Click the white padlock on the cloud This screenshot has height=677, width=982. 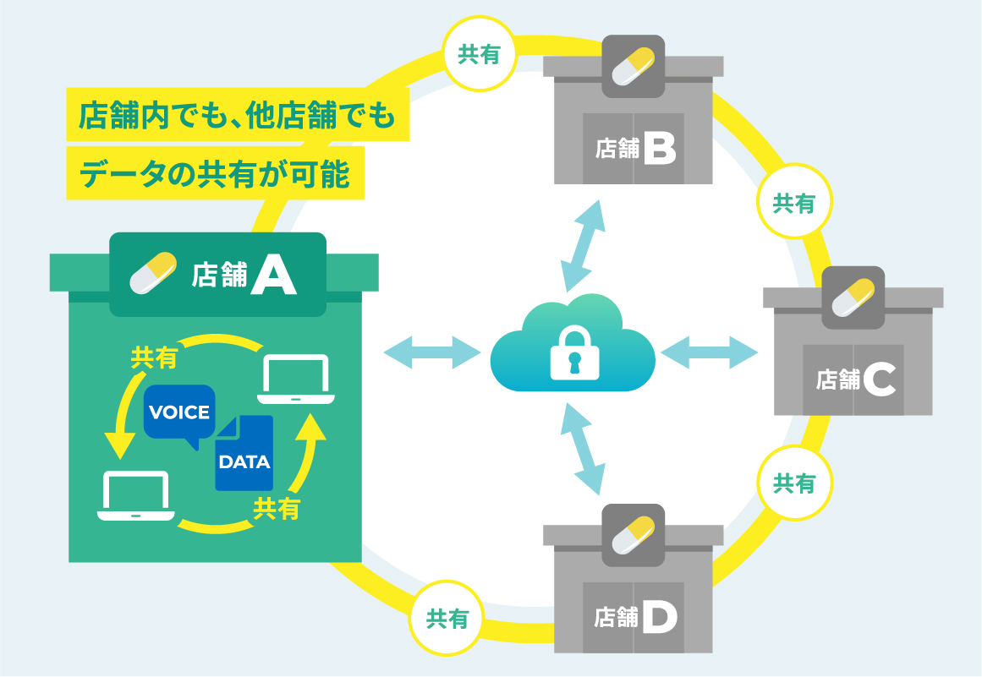click(574, 352)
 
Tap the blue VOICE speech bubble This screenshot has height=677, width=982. click(179, 414)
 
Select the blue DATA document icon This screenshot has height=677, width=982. click(244, 453)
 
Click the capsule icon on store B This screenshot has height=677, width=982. click(634, 66)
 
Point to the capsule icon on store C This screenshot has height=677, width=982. click(853, 298)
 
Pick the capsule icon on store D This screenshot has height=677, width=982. click(634, 535)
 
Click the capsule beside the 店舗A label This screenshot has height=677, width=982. click(153, 273)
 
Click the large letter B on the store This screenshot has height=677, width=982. click(660, 148)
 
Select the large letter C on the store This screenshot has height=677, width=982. click(880, 379)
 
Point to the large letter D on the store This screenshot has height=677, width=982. click(660, 617)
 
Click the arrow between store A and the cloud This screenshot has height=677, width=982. click(432, 352)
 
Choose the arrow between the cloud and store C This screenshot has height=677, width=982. click(709, 352)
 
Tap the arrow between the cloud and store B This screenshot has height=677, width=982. click(583, 246)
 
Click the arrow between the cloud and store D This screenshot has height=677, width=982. click(583, 449)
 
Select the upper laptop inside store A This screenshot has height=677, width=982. click(295, 379)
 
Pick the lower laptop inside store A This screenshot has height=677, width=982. click(136, 495)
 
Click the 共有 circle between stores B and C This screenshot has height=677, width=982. click(794, 201)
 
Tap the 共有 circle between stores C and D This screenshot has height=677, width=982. click(794, 483)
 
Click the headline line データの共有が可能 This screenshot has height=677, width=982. click(215, 173)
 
